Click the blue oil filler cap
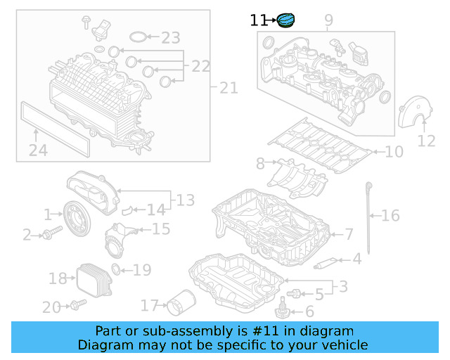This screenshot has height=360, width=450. pyautogui.click(x=287, y=21)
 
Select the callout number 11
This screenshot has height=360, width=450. pyautogui.click(x=259, y=21)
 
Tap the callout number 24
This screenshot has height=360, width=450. pyautogui.click(x=38, y=149)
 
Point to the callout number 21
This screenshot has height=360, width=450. pyautogui.click(x=229, y=88)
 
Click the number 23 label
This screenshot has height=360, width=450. pyautogui.click(x=171, y=38)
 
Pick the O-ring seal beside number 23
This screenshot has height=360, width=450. pyautogui.click(x=141, y=37)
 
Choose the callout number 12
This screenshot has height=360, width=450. pyautogui.click(x=427, y=141)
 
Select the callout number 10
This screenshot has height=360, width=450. pyautogui.click(x=394, y=151)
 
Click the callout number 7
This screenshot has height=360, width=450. pyautogui.click(x=348, y=233)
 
